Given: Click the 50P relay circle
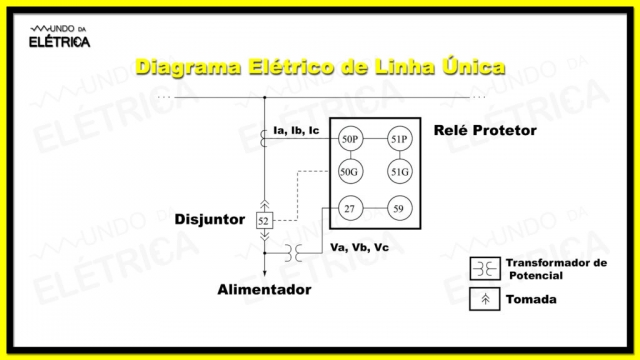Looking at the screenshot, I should (350, 139).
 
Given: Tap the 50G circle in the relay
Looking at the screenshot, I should (350, 173).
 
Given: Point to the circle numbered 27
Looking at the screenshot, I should (350, 209).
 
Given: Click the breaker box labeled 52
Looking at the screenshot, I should (264, 220).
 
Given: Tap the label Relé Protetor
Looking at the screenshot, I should (485, 131).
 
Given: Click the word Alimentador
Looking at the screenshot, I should (264, 290).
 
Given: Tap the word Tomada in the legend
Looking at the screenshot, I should (532, 299).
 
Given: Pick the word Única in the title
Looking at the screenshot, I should (469, 67).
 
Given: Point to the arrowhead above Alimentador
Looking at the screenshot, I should (264, 270).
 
